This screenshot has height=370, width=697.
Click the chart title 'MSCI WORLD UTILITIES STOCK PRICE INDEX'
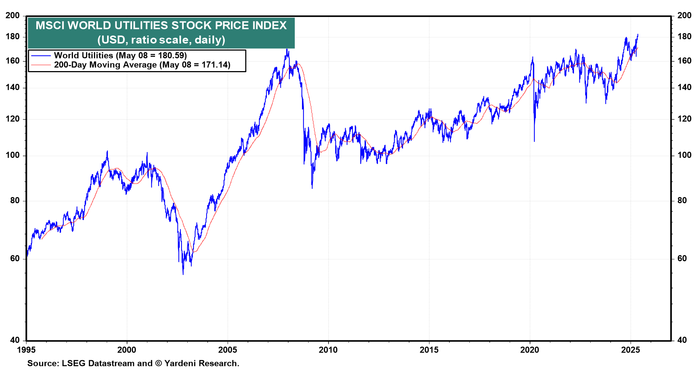pyautogui.click(x=161, y=26)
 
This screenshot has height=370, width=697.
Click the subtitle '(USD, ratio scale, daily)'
pyautogui.click(x=161, y=40)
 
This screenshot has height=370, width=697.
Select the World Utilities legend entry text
pyautogui.click(x=120, y=55)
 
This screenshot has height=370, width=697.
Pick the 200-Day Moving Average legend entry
pyautogui.click(x=142, y=65)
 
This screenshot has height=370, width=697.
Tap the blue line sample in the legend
pyautogui.click(x=41, y=55)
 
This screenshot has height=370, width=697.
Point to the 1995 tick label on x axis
pyautogui.click(x=26, y=350)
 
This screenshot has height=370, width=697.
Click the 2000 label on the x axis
pyautogui.click(x=127, y=350)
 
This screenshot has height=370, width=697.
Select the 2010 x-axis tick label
pyautogui.click(x=328, y=350)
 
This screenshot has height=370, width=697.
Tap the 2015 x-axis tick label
pyautogui.click(x=429, y=350)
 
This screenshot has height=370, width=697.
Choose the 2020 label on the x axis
pyautogui.click(x=530, y=350)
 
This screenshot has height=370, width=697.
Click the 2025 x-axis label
pyautogui.click(x=631, y=350)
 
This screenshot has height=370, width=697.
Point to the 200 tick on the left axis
pyautogui.click(x=13, y=16)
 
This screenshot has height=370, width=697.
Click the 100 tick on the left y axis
pyautogui.click(x=13, y=155)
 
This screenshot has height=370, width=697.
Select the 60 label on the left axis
pyautogui.click(x=15, y=259)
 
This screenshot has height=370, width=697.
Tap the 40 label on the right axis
pyautogui.click(x=682, y=340)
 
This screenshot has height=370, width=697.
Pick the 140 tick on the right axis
pyautogui.click(x=684, y=87)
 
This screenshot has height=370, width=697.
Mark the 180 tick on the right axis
pyautogui.click(x=684, y=37)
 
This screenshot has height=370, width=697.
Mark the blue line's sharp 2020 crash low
pyautogui.click(x=534, y=141)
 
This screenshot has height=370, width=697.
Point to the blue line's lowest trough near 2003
pyautogui.click(x=183, y=274)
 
